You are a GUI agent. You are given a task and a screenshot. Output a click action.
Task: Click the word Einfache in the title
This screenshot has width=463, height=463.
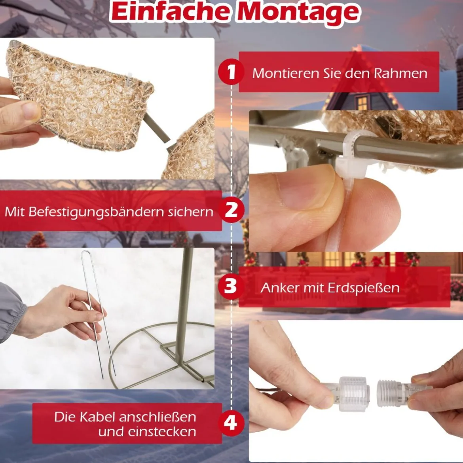click(171, 12)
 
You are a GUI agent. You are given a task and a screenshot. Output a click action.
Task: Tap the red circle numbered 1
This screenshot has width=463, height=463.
click(231, 72)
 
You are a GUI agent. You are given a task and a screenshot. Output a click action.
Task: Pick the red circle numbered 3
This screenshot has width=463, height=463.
click(231, 286)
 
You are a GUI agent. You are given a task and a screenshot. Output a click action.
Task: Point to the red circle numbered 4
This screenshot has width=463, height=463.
click(231, 423)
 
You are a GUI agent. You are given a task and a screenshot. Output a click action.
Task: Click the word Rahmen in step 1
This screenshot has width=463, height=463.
click(400, 73)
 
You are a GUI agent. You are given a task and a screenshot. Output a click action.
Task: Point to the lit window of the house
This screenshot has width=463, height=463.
click(362, 103)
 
